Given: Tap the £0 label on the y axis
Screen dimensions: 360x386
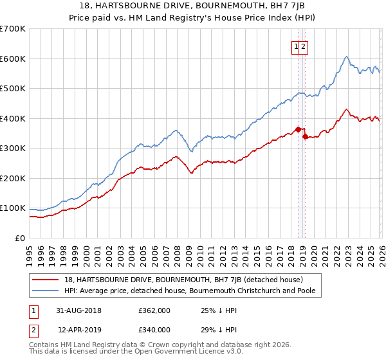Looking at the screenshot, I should tap(19, 239).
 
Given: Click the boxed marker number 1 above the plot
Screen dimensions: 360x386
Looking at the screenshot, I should tap(297, 46).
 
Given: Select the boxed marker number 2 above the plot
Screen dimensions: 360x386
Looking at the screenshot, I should tap(304, 46).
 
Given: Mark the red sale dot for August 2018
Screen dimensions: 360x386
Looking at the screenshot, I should tap(298, 129).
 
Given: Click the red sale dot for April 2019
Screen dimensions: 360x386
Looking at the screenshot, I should tap(305, 136).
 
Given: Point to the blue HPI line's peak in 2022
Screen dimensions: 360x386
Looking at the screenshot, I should tap(346, 57).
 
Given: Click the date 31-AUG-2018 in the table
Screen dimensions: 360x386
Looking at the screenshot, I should tap(79, 310).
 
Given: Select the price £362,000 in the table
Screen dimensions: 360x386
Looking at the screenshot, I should tap(154, 310).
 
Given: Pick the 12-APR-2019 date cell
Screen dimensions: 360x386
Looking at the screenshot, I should tap(79, 329).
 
